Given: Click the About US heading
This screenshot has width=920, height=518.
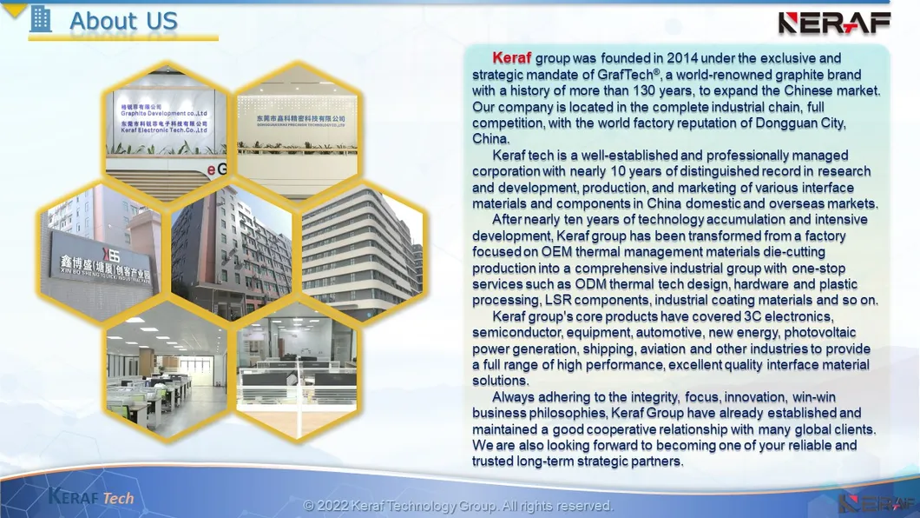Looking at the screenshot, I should point(123,21).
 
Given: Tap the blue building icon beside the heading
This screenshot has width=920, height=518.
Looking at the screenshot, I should point(41,18).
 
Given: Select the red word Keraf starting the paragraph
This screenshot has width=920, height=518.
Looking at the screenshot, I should point(511,58).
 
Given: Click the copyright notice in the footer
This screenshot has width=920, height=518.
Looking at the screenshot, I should point(458,506).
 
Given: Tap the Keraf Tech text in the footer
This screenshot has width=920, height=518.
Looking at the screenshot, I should point(91,497).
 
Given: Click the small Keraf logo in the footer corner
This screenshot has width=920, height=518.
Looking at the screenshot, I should point(877,502).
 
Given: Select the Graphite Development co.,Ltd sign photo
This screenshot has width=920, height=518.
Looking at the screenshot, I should point(164,122).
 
